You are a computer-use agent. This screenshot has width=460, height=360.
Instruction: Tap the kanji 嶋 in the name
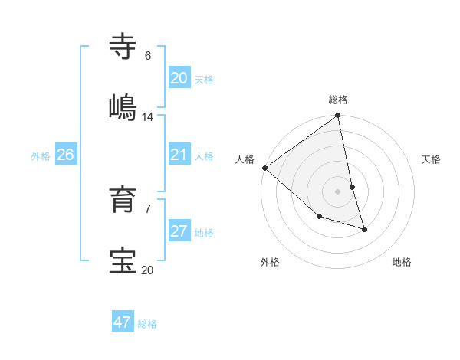pyautogui.click(x=123, y=107)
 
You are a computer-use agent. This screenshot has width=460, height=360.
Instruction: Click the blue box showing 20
pyautogui.click(x=179, y=78)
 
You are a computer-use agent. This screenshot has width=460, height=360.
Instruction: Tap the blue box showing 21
pyautogui.click(x=179, y=155)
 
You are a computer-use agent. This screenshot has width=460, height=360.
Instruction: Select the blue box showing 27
pyautogui.click(x=179, y=232)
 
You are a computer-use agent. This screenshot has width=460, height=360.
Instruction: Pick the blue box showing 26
pyautogui.click(x=65, y=155)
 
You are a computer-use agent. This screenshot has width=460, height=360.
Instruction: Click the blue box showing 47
pyautogui.click(x=122, y=322)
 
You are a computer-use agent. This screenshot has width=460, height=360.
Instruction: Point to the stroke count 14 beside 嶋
pyautogui.click(x=148, y=117)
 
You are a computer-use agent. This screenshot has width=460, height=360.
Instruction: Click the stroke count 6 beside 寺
pyautogui.click(x=148, y=56)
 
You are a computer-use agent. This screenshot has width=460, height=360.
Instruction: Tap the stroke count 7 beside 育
pyautogui.click(x=148, y=208)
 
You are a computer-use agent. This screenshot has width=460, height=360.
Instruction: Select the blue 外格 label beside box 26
pyautogui.click(x=41, y=156)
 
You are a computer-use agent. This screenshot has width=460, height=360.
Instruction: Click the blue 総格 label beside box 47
pyautogui.click(x=147, y=324)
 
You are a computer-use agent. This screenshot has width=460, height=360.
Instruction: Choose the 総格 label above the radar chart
pyautogui.click(x=338, y=100)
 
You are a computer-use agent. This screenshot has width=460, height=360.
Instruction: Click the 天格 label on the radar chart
pyautogui.click(x=431, y=159)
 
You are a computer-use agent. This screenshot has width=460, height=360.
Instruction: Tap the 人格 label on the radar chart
pyautogui.click(x=245, y=159)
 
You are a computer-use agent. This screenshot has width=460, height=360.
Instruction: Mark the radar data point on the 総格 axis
pyautogui.click(x=337, y=116)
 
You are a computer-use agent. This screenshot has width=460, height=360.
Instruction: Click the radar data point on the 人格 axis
pyautogui.click(x=264, y=168)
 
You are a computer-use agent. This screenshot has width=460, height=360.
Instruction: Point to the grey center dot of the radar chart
pyautogui.click(x=337, y=191)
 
